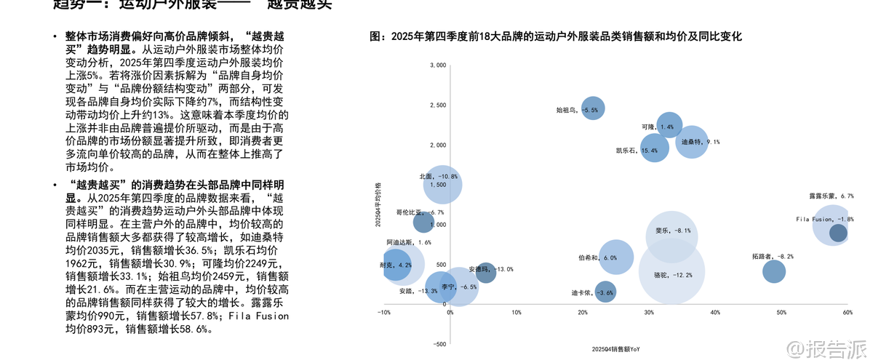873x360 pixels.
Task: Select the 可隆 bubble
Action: pos(669,126)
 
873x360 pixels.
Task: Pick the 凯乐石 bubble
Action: pos(654,149)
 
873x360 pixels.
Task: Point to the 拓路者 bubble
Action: pos(774,271)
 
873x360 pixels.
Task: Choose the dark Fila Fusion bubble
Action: pos(838,233)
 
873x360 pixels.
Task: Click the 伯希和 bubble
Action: pos(616,257)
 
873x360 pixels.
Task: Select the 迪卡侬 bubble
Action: pos(605,292)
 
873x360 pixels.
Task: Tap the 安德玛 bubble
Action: pos(485,273)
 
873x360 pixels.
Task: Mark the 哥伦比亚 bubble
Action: pos(423,223)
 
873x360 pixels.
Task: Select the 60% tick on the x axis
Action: pos(847,312)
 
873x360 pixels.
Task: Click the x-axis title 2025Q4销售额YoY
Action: pos(616,350)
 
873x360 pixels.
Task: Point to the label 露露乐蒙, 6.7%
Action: pos(831,196)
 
